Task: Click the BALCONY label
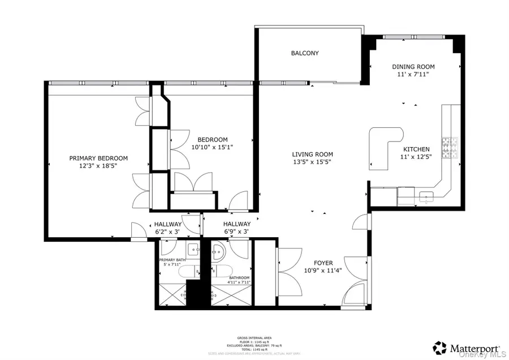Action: pyautogui.click(x=305, y=53)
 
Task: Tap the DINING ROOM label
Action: pyautogui.click(x=413, y=67)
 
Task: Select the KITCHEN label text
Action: pyautogui.click(x=415, y=149)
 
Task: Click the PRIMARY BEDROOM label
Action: pyautogui.click(x=98, y=158)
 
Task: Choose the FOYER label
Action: pyautogui.click(x=318, y=263)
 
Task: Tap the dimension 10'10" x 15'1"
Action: pyautogui.click(x=212, y=147)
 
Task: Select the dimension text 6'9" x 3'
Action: pyautogui.click(x=236, y=232)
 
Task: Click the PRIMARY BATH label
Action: pyautogui.click(x=176, y=259)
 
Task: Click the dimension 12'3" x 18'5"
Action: pyautogui.click(x=98, y=166)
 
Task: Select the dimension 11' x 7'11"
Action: pyautogui.click(x=413, y=75)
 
